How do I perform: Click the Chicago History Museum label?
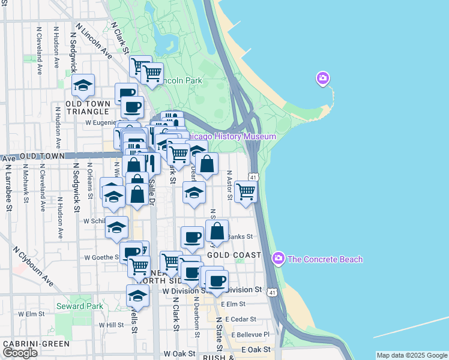point(232,137)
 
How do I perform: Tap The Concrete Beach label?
point(325,259)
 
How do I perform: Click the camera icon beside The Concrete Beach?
point(278,259)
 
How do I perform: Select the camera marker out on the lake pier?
point(323,79)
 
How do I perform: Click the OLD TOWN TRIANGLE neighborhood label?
point(88,107)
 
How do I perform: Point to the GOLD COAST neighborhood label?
point(234,255)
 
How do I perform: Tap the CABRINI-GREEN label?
point(35,344)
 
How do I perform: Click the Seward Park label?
point(79,306)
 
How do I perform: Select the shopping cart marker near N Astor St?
point(246,192)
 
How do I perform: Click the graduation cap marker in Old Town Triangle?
point(83,85)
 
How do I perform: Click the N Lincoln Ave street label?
point(94,42)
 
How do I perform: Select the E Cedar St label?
point(239,319)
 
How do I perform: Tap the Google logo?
point(20,353)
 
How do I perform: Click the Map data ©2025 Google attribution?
point(412,355)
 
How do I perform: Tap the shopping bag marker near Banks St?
point(217,231)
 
